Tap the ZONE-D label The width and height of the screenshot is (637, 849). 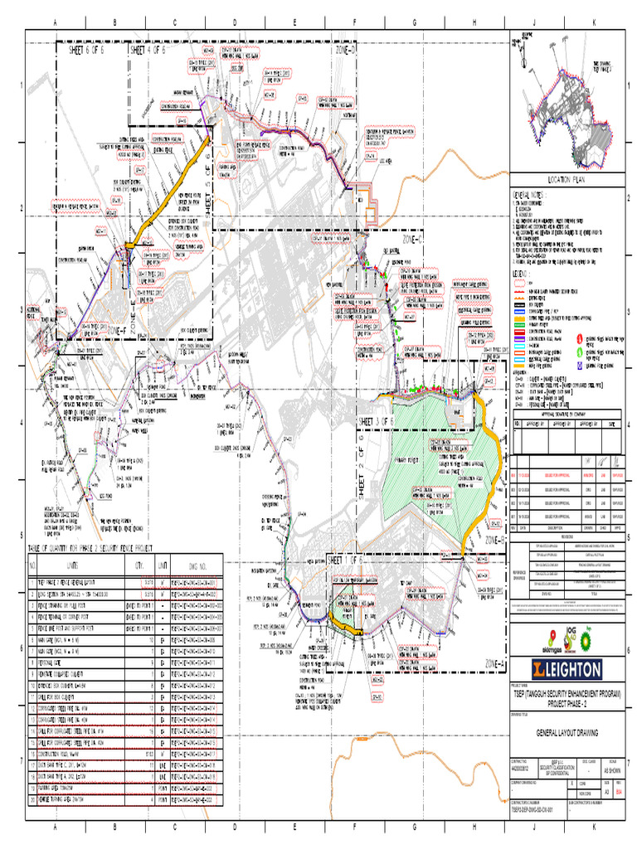click(345, 51)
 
